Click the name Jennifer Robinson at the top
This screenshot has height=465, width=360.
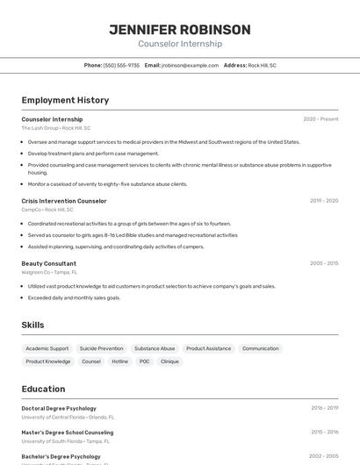click(180, 30)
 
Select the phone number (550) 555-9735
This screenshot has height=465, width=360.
click(121, 65)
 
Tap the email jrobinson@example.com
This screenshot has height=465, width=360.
click(190, 65)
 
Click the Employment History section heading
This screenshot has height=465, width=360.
click(65, 100)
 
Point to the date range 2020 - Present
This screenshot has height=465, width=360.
click(320, 119)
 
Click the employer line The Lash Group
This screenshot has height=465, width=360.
click(56, 128)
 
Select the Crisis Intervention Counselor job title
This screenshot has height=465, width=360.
click(64, 201)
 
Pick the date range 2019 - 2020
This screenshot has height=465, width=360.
click(324, 201)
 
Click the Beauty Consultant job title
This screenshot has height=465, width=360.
click(49, 263)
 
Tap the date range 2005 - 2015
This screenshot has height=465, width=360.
click(324, 263)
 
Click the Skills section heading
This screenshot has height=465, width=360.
click(32, 325)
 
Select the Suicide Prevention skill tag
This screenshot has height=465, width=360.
click(102, 348)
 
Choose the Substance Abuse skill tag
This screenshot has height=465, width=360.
click(155, 348)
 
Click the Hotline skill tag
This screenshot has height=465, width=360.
click(119, 361)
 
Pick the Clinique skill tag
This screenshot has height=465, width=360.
click(169, 361)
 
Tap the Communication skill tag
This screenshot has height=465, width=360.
click(260, 348)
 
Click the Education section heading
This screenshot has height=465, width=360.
click(43, 389)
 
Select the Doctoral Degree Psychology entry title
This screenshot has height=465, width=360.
click(59, 408)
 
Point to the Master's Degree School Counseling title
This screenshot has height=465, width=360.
click(68, 433)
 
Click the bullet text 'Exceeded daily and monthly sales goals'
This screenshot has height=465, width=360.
click(75, 297)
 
